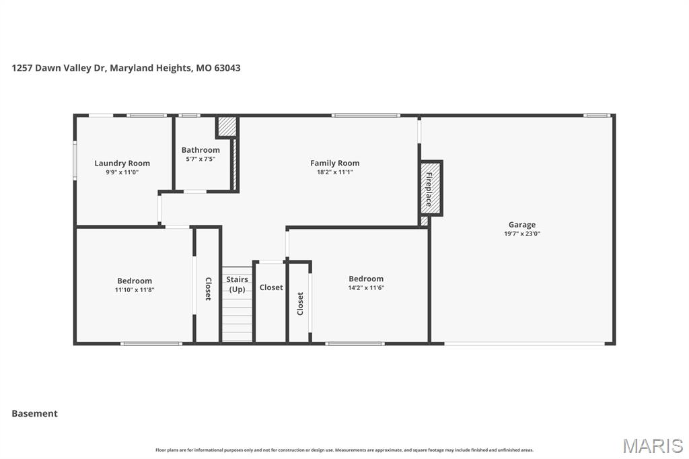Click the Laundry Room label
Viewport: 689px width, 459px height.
(x=122, y=163)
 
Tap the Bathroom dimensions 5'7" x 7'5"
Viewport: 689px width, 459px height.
(x=201, y=159)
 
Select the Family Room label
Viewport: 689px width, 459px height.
(x=335, y=163)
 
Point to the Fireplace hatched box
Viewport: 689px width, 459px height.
(x=431, y=188)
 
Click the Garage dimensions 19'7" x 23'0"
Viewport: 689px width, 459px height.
(x=522, y=234)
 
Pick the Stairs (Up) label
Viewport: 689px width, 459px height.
(x=238, y=285)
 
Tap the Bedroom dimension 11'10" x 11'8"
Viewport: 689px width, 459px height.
(x=135, y=290)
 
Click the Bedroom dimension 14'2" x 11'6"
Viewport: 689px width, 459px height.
(x=366, y=288)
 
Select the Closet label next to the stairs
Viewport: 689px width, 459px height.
(x=271, y=287)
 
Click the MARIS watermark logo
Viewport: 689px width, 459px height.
(x=653, y=446)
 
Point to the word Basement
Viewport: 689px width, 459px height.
(x=35, y=414)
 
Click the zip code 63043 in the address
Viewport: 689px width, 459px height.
(x=227, y=68)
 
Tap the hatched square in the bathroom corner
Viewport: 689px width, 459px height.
(x=227, y=127)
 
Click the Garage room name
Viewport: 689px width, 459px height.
(x=522, y=225)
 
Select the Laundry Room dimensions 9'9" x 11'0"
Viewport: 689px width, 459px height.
(x=122, y=172)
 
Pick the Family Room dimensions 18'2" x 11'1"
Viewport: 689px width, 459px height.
(x=335, y=172)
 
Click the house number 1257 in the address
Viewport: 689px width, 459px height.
(x=22, y=68)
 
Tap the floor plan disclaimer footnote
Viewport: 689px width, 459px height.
(x=344, y=450)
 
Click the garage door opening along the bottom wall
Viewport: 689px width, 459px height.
(x=524, y=343)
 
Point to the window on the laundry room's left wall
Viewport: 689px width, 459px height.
(x=75, y=160)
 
